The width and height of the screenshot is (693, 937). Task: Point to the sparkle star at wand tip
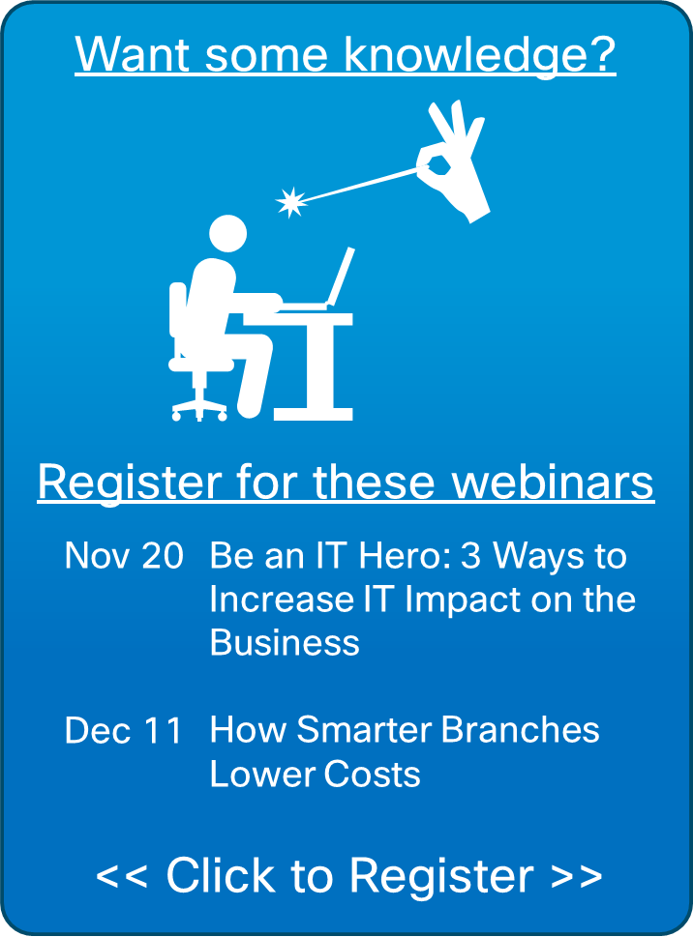(289, 201)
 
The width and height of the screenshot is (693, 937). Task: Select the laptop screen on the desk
(340, 275)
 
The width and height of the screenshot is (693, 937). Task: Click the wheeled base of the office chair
(199, 406)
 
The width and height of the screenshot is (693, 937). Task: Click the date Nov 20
(123, 556)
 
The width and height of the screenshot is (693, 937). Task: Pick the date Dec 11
(123, 730)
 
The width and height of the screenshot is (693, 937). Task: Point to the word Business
(285, 643)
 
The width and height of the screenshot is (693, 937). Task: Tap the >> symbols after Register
(577, 875)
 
